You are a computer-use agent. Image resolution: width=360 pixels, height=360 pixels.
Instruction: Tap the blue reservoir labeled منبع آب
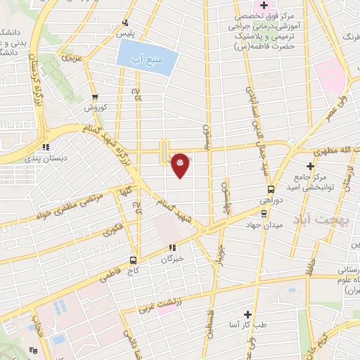click(146, 57)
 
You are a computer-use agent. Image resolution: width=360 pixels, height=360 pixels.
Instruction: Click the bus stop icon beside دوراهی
click(271, 189)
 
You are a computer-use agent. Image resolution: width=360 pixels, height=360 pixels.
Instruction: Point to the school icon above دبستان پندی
click(46, 147)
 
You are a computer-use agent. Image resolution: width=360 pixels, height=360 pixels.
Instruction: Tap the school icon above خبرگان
click(172, 247)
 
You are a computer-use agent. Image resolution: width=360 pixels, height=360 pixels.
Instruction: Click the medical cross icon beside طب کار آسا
click(247, 314)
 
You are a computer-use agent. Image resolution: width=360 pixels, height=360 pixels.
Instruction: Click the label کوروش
click(94, 109)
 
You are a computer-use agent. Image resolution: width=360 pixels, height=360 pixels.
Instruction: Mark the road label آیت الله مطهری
click(330, 150)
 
